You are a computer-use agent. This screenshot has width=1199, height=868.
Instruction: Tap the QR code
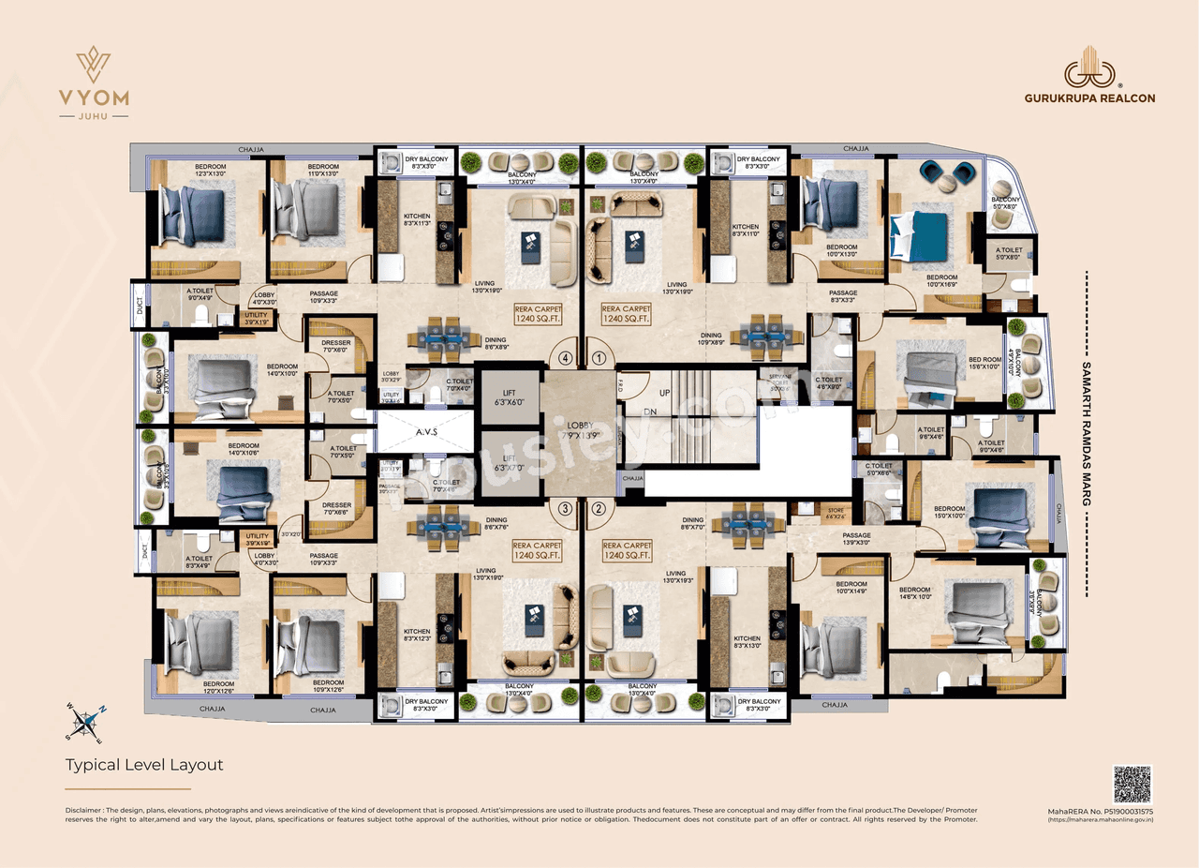click(x=1132, y=784)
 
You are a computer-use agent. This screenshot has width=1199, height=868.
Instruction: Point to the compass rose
click(x=85, y=721)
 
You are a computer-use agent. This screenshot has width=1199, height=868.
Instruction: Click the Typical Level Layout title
click(x=144, y=765)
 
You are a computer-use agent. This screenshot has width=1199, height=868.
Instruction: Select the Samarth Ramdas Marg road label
click(x=1087, y=434)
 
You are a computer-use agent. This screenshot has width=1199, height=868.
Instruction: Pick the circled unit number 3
click(x=565, y=509)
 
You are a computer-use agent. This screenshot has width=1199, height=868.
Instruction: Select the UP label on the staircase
click(x=665, y=392)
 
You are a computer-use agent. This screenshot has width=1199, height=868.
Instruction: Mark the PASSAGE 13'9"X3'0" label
click(x=856, y=539)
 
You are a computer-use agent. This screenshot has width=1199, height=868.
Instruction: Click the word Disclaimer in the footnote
click(x=84, y=809)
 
